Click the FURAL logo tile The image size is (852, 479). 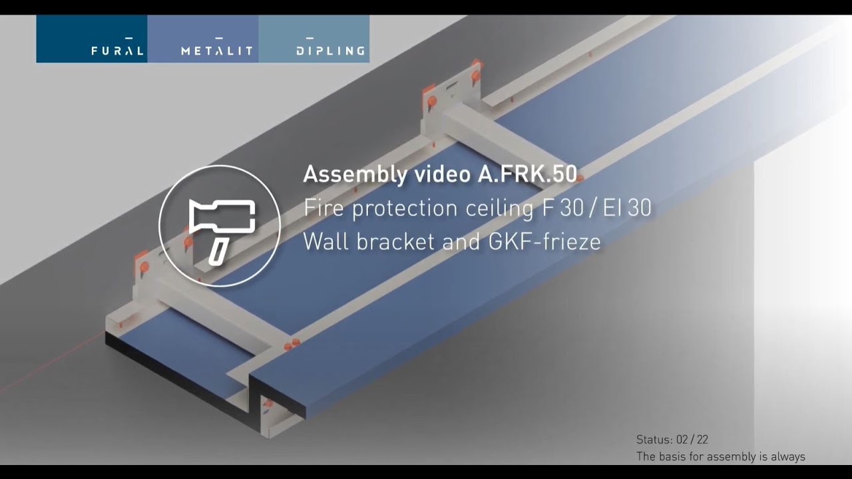click(92, 39)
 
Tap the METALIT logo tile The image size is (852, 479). click(203, 39)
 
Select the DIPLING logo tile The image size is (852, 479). click(314, 39)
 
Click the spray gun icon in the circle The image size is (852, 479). click(219, 226)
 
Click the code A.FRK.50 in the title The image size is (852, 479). click(527, 174)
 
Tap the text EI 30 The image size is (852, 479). click(627, 208)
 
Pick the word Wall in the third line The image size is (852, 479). click(326, 241)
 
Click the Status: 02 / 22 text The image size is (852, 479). click(672, 440)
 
